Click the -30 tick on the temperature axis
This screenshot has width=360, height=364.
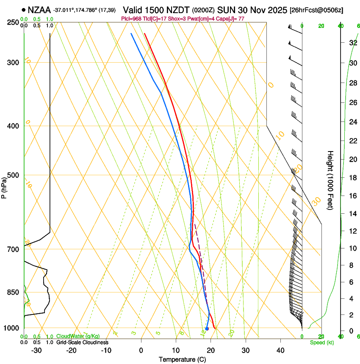tap(36, 350)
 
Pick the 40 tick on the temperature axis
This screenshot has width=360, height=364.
tap(280, 350)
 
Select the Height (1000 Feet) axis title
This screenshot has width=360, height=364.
tap(330, 180)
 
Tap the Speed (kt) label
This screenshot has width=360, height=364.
tap(321, 342)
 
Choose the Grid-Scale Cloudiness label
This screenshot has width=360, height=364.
tap(83, 342)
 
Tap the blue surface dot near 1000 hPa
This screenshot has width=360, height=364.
tap(207, 328)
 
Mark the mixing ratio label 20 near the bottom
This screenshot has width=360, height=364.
tap(232, 333)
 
